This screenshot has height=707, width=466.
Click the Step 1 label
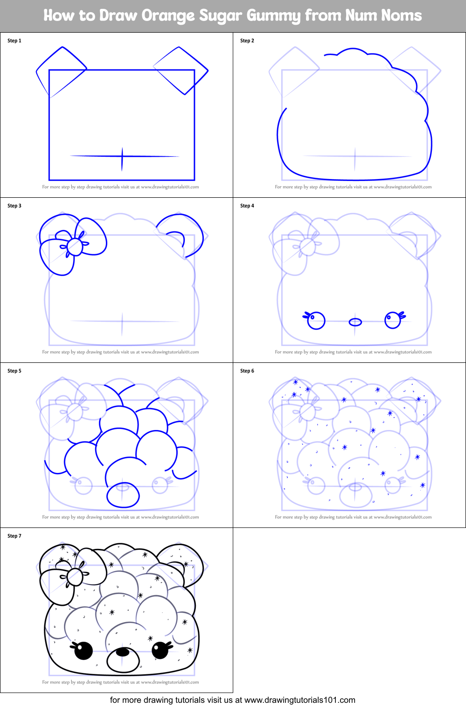[x=14, y=41]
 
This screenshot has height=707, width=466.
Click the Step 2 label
[x=247, y=41]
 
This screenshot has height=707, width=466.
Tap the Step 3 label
[x=14, y=206]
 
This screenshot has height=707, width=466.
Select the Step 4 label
[x=247, y=206]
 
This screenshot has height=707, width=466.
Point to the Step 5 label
[x=14, y=371]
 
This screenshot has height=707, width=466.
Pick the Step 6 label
[x=247, y=371]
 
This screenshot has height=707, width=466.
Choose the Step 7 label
[x=14, y=536]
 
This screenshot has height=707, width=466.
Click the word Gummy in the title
[x=273, y=15]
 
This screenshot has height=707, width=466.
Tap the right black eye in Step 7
[x=160, y=650]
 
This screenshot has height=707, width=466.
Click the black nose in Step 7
[x=123, y=652]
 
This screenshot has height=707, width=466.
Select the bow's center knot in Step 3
[x=75, y=246]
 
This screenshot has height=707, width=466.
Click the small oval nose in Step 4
[x=355, y=322]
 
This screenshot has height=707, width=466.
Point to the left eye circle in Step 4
[x=316, y=321]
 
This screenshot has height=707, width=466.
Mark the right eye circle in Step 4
[x=393, y=320]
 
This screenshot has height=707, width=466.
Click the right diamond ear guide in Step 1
[x=181, y=70]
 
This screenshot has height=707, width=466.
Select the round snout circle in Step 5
[x=123, y=495]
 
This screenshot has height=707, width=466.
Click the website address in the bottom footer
[x=299, y=700]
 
